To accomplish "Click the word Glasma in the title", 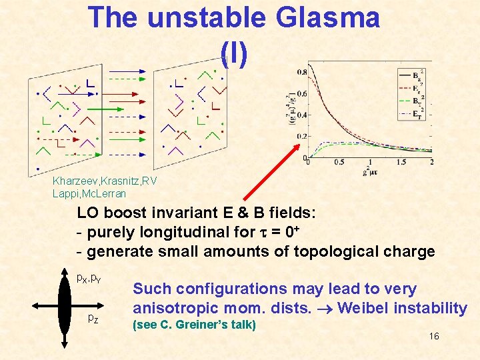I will (x=326, y=18).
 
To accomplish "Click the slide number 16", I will (x=433, y=336).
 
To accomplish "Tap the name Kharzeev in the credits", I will (x=74, y=181).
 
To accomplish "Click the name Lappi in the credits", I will (x=65, y=193).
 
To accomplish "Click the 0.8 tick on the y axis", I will (x=302, y=72).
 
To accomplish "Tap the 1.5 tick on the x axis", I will (x=402, y=163).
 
